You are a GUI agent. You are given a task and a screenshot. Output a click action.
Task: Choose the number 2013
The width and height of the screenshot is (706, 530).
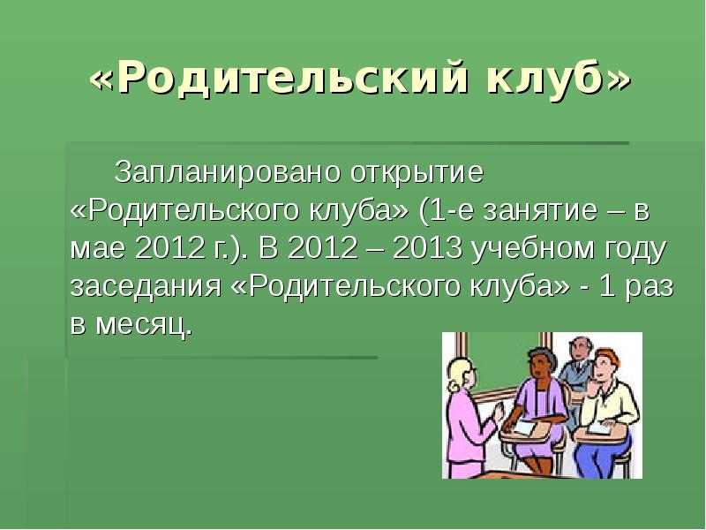click(429, 250)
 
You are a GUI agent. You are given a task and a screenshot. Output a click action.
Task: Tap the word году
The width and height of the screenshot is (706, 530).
click(634, 250)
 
